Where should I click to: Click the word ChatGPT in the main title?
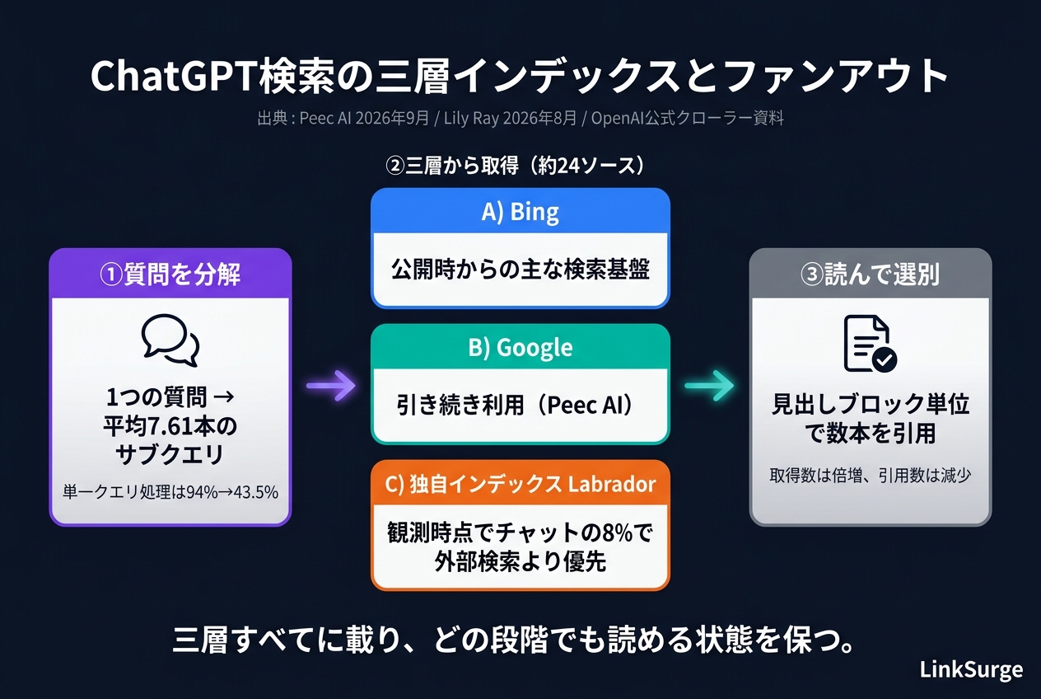click(x=175, y=76)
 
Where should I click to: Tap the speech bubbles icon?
click(x=170, y=340)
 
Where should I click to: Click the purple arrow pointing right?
click(x=331, y=386)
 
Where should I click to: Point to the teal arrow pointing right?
click(x=709, y=386)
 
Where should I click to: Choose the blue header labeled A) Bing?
click(x=520, y=211)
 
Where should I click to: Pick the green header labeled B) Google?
click(x=520, y=347)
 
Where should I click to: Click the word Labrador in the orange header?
click(x=612, y=484)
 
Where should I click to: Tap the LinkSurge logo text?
click(x=971, y=669)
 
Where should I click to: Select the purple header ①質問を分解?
click(x=170, y=274)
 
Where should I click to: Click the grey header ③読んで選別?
click(x=871, y=274)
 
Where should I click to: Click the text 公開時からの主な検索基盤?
click(x=520, y=270)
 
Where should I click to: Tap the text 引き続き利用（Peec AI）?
click(x=515, y=405)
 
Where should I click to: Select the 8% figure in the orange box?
click(x=618, y=533)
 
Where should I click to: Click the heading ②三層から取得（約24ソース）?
click(x=515, y=165)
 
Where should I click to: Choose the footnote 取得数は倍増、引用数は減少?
click(x=871, y=475)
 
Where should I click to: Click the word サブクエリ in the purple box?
click(x=170, y=454)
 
